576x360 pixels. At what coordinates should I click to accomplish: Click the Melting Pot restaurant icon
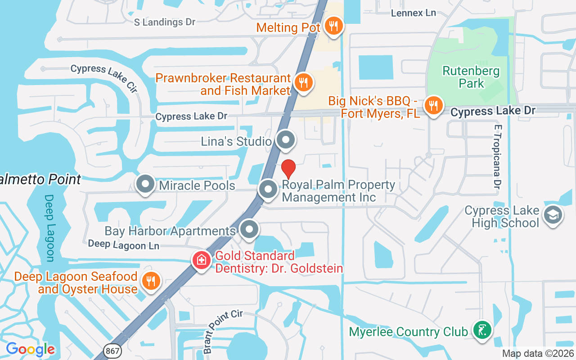(333, 26)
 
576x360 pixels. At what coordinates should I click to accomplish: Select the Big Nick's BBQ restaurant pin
(433, 106)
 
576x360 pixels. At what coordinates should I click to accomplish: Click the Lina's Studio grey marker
(285, 140)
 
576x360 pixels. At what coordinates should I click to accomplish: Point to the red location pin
(288, 169)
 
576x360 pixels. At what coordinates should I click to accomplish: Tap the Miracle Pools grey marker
(145, 184)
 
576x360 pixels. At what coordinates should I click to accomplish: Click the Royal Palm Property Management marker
(269, 189)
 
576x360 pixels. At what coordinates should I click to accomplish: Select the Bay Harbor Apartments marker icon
(249, 229)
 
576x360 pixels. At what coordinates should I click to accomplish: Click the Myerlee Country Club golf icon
(482, 331)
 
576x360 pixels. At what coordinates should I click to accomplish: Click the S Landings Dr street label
(165, 22)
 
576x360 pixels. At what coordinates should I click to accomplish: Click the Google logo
(30, 349)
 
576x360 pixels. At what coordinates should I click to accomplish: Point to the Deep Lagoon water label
(49, 228)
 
